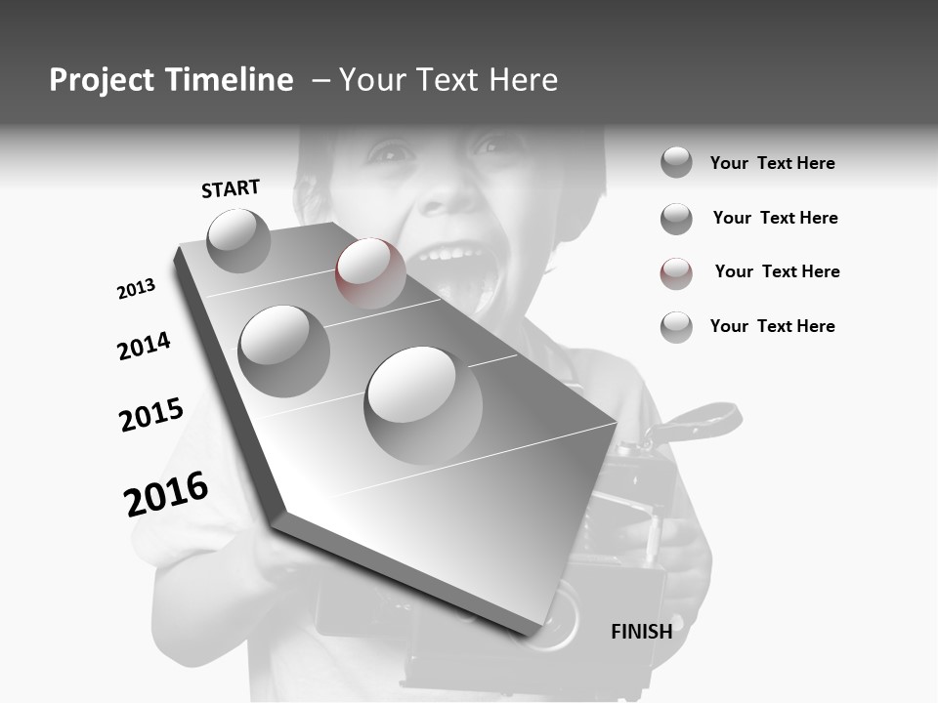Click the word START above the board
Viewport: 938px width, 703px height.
coord(231,188)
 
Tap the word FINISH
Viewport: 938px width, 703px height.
coord(641,632)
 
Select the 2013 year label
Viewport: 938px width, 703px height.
coord(136,289)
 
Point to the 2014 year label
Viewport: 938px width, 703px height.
coord(144,346)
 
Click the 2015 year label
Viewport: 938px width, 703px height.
coord(150,415)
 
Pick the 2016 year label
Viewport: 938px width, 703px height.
coord(166,493)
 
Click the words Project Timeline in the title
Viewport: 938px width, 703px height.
coord(171,80)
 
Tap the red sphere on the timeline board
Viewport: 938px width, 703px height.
coord(370,272)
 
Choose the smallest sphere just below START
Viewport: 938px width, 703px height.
coord(238,240)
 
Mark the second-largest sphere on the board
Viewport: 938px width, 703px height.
coord(283,351)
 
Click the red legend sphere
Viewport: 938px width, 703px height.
coord(676,273)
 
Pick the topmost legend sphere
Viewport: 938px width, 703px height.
coord(676,162)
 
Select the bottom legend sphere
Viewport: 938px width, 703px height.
coord(676,327)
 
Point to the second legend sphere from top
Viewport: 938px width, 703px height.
coord(676,219)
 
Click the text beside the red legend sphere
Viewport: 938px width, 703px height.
coord(777,271)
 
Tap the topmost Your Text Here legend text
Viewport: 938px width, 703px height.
coord(772,163)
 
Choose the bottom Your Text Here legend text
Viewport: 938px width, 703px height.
coord(772,326)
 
